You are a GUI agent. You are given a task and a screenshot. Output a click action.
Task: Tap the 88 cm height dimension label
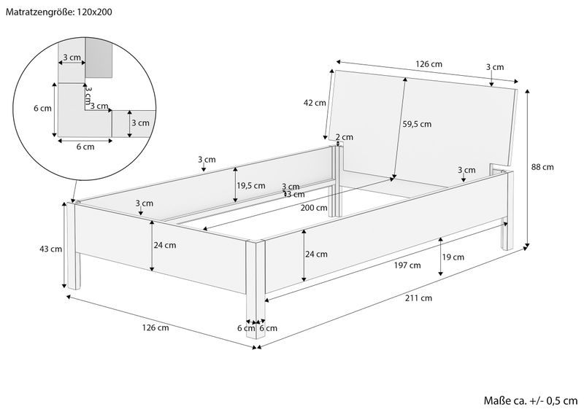pyautogui.click(x=543, y=167)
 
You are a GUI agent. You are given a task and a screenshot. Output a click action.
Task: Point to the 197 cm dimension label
pyautogui.click(x=408, y=265)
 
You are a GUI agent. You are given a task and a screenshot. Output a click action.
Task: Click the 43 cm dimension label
pyautogui.click(x=51, y=249)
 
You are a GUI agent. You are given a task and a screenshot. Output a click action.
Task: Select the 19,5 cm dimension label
pyautogui.click(x=251, y=185)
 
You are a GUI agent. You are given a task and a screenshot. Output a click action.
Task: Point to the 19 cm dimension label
pyautogui.click(x=453, y=257)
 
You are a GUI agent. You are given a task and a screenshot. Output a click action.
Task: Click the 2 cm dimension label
pyautogui.click(x=345, y=137)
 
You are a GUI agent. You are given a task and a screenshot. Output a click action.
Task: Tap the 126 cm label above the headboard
pyautogui.click(x=429, y=64)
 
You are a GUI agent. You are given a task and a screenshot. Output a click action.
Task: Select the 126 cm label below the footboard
pyautogui.click(x=156, y=328)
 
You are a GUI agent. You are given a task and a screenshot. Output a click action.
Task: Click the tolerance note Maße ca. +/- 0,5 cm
pyautogui.click(x=531, y=400)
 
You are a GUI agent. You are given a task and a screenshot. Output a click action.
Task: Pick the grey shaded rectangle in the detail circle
pyautogui.click(x=99, y=58)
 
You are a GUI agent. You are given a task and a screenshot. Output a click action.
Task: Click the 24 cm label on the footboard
pyautogui.click(x=164, y=245)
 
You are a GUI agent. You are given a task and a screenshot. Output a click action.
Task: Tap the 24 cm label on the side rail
pyautogui.click(x=316, y=254)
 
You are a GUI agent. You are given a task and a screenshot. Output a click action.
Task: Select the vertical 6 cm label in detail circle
pyautogui.click(x=42, y=109)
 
